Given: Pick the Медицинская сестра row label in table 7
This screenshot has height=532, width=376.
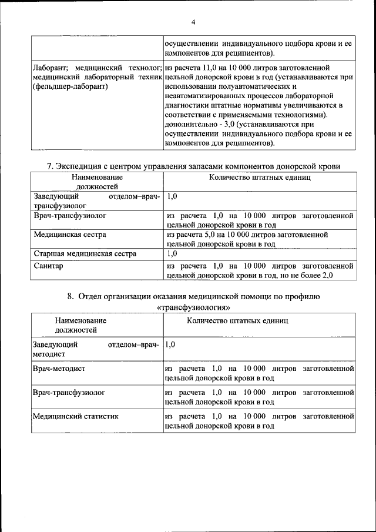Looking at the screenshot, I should point(70,234).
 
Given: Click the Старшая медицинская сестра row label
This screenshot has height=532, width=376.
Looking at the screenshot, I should point(85,254).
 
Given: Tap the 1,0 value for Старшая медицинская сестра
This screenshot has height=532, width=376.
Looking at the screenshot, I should point(172,254).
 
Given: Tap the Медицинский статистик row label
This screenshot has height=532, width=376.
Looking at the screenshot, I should point(75,416).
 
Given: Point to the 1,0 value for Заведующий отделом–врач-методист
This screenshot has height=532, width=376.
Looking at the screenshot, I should point(172,344).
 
